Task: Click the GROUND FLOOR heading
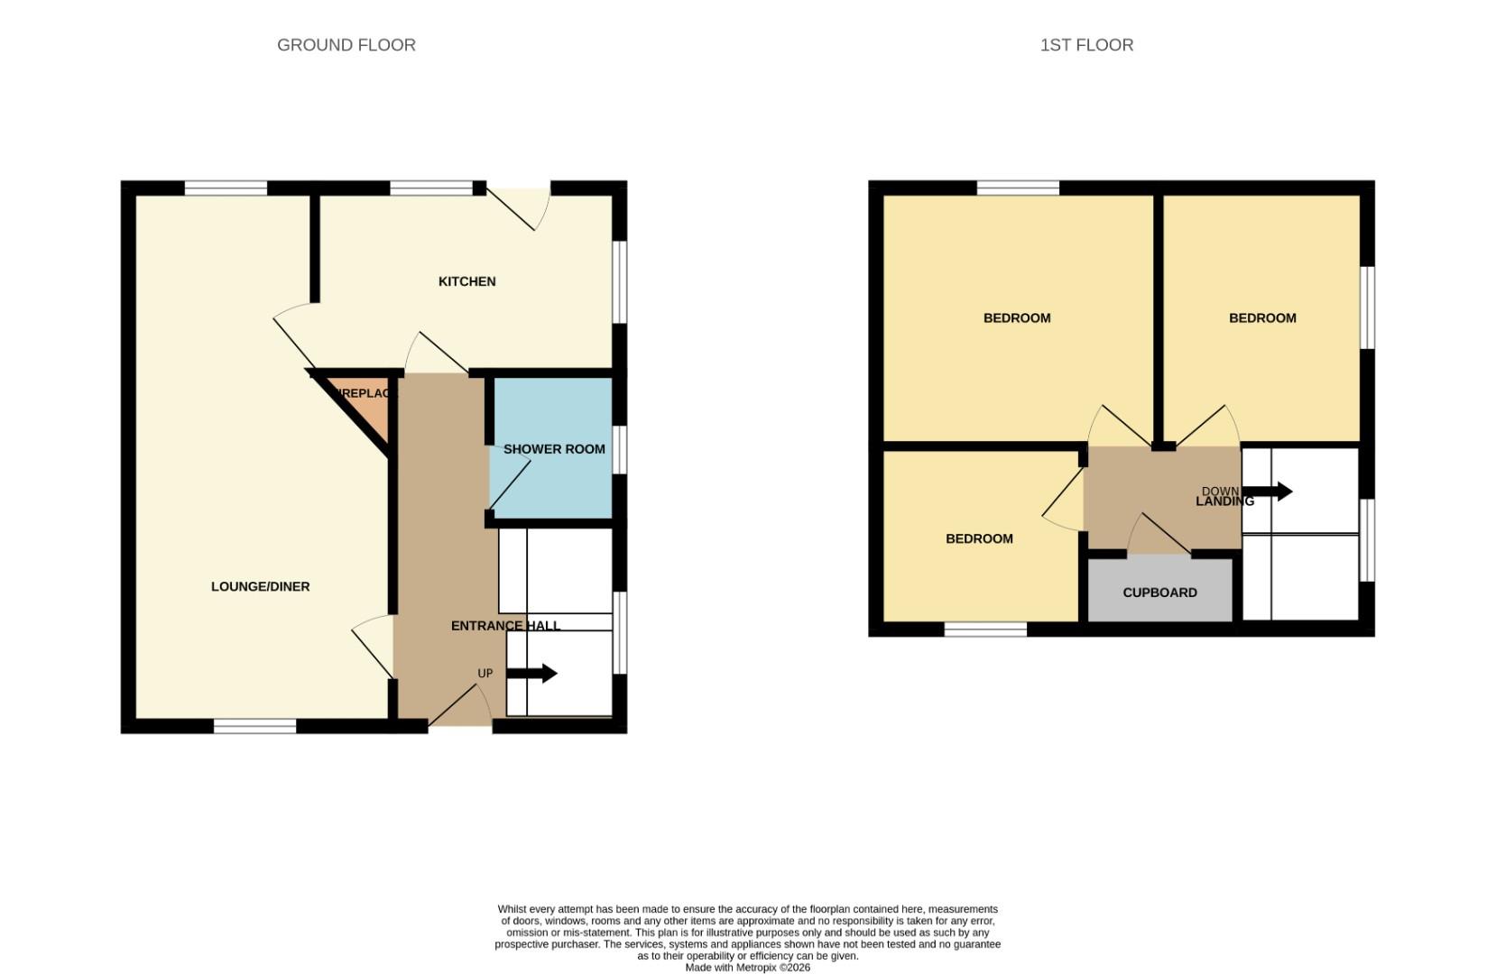click(346, 45)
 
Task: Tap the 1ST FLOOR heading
click(1086, 45)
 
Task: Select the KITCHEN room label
click(466, 281)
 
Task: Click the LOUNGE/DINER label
click(260, 586)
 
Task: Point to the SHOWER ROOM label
click(554, 449)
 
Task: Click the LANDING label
click(1224, 501)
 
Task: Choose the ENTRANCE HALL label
click(505, 625)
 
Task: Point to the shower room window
click(620, 449)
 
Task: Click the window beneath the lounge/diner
click(254, 726)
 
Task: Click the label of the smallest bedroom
click(979, 538)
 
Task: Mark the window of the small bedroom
click(985, 629)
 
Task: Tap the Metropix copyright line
click(747, 968)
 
